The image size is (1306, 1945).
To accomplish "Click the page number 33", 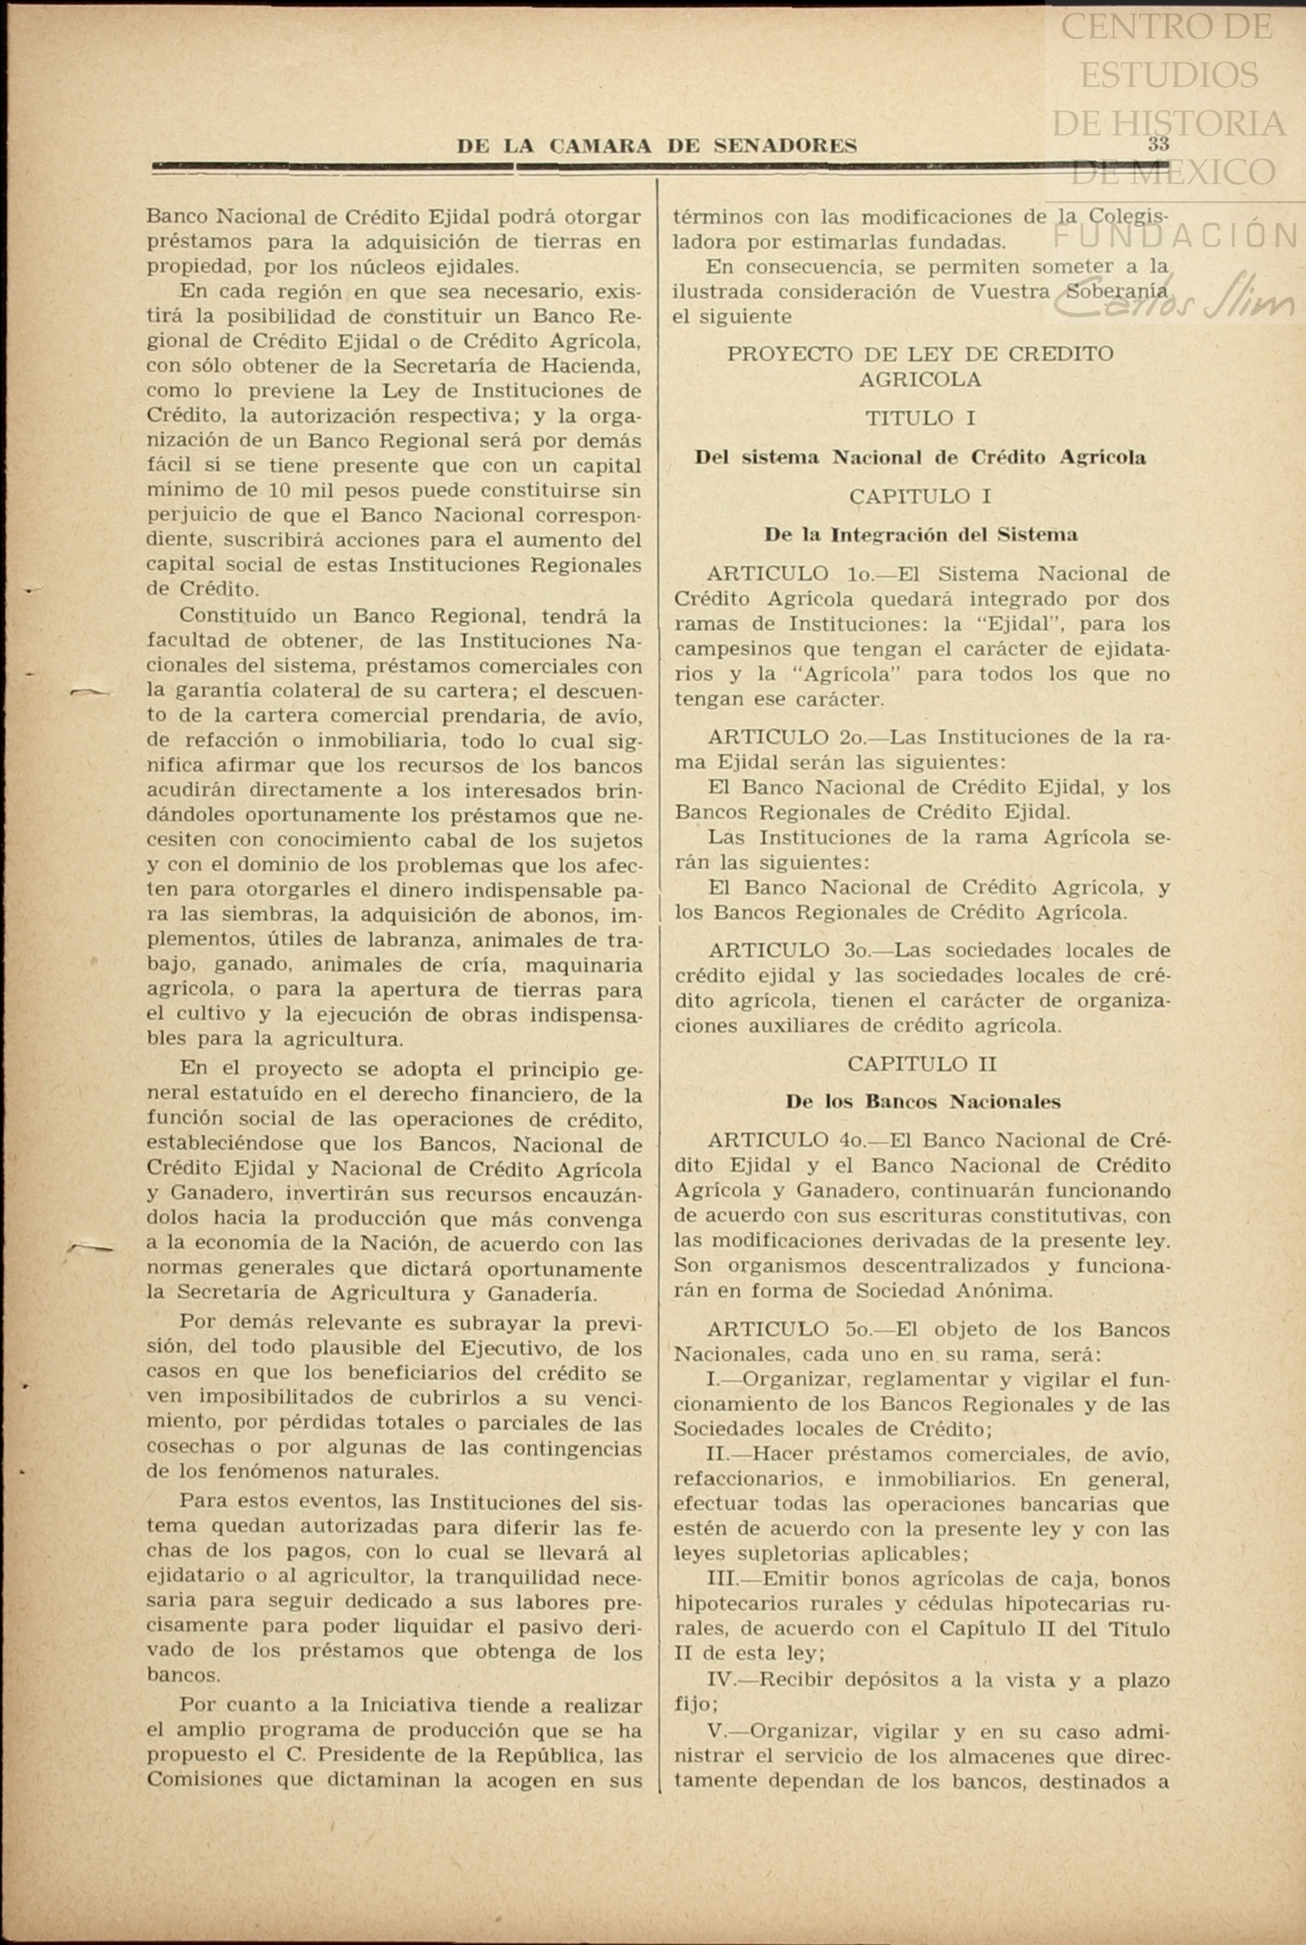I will click(1157, 144).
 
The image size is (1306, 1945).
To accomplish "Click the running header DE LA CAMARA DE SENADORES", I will click(657, 146).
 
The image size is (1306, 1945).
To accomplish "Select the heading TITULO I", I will click(919, 418).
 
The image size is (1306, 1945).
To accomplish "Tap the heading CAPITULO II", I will click(921, 1063).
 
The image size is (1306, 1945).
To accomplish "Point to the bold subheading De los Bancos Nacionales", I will click(923, 1102).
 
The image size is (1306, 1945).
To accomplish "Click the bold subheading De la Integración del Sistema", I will click(920, 534).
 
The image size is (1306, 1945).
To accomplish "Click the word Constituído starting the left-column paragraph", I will click(236, 617).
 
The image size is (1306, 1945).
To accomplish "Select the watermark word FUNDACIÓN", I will click(1177, 236).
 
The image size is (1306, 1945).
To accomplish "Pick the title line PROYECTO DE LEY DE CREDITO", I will click(920, 354).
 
